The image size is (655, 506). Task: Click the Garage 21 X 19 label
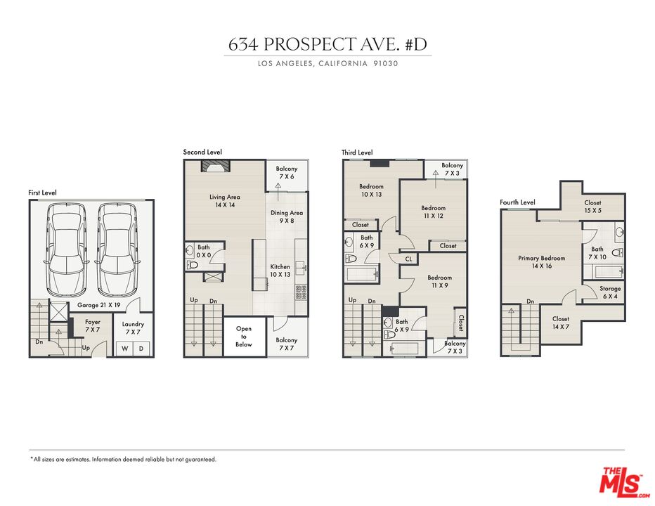(98, 305)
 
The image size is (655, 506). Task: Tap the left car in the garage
(67, 249)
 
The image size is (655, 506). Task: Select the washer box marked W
(124, 349)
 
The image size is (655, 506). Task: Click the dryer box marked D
(141, 349)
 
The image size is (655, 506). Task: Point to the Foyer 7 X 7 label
(92, 325)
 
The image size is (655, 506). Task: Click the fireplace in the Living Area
(216, 167)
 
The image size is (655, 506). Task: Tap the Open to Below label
(244, 337)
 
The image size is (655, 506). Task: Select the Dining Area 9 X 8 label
(287, 216)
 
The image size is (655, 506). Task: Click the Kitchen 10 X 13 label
(280, 271)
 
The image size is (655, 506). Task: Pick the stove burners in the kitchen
(301, 292)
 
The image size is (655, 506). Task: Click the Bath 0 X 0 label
(204, 251)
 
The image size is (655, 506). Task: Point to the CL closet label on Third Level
(408, 259)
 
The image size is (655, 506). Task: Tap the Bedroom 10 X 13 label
(371, 190)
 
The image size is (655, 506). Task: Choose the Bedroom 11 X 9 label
(439, 281)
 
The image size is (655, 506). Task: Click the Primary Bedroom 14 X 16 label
(541, 262)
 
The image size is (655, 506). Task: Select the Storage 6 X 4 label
(610, 292)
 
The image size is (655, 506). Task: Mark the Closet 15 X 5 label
(592, 207)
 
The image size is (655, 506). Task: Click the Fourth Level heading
(517, 202)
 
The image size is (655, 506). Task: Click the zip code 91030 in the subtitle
(386, 63)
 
